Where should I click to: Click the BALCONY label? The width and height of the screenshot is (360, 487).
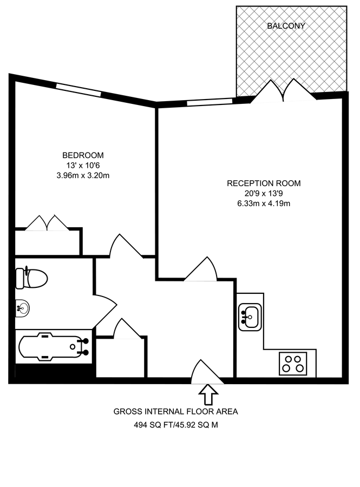pyautogui.click(x=286, y=25)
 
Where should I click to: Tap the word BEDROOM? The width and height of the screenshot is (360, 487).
pyautogui.click(x=82, y=155)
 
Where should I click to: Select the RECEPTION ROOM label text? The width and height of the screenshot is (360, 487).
pyautogui.click(x=264, y=183)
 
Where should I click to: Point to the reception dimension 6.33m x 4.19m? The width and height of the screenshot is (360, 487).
pyautogui.click(x=264, y=203)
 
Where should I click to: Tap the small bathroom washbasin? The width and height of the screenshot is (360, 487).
pyautogui.click(x=22, y=308)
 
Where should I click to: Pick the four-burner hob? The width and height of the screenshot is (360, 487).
pyautogui.click(x=293, y=363)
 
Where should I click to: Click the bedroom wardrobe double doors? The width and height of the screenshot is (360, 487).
pyautogui.click(x=47, y=223)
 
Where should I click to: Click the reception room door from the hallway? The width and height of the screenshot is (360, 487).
pyautogui.click(x=202, y=269)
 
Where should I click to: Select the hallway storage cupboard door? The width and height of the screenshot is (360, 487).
pyautogui.click(x=127, y=329)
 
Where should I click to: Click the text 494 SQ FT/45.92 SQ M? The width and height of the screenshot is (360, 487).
pyautogui.click(x=176, y=425)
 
